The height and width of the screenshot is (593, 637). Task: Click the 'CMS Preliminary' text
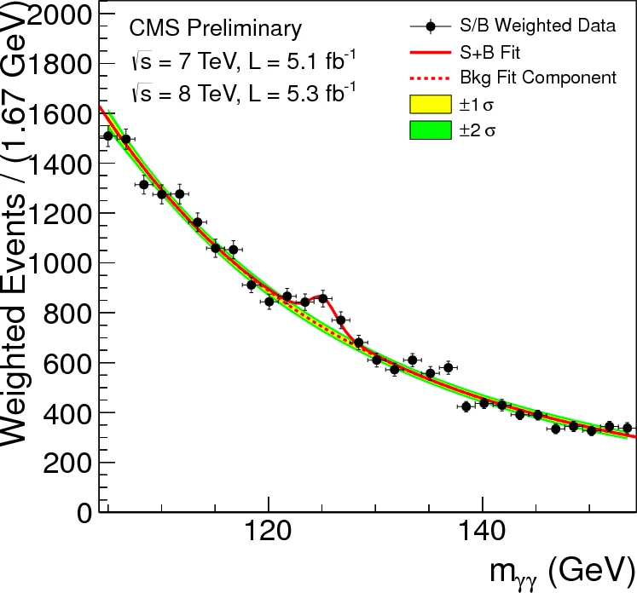click(216, 29)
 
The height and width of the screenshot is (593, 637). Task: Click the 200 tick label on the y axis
click(70, 463)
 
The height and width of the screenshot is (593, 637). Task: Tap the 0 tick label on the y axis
click(84, 513)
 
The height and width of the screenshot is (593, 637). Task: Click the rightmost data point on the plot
click(627, 428)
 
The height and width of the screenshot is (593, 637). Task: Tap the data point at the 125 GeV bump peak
click(322, 299)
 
